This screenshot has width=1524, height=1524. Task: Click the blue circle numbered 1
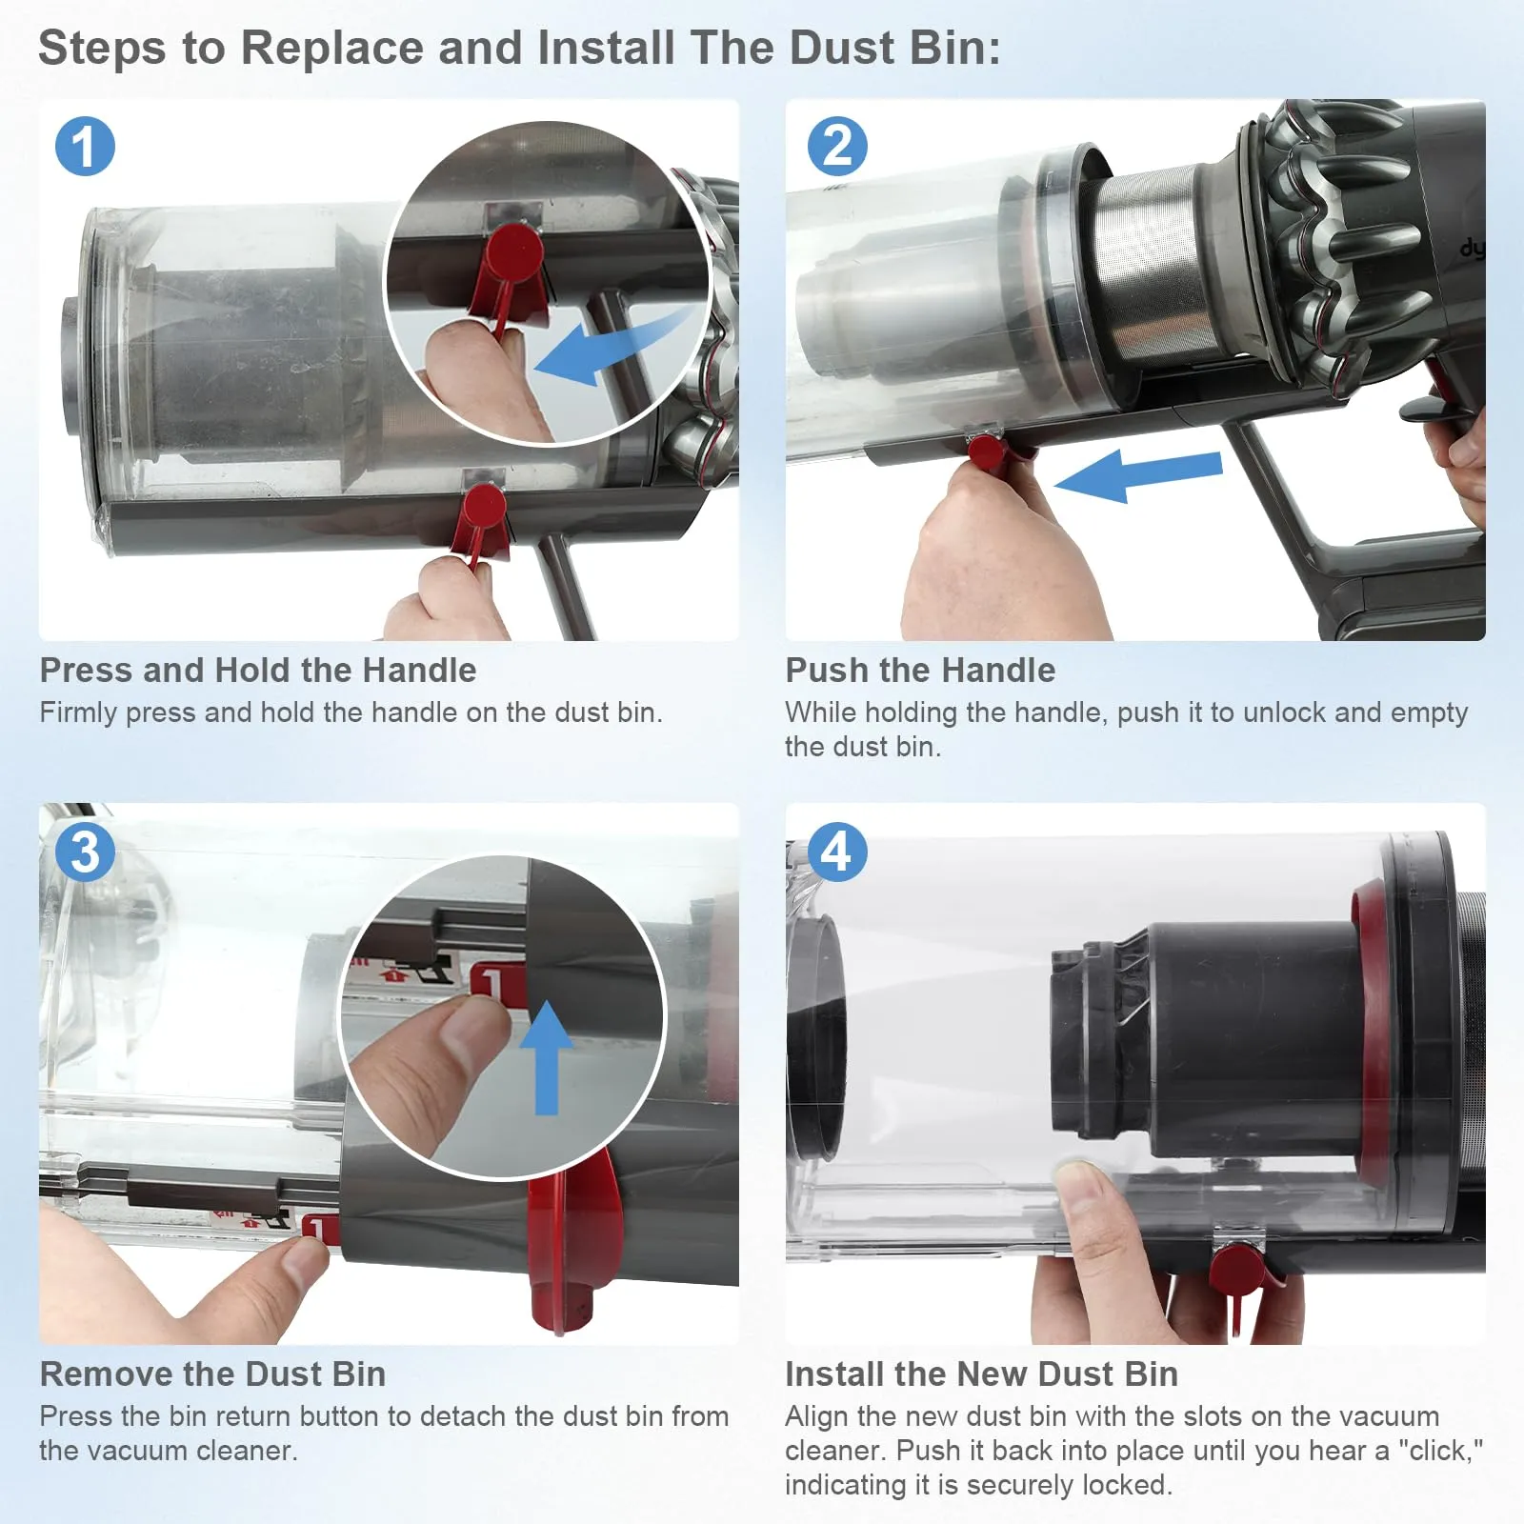click(x=85, y=147)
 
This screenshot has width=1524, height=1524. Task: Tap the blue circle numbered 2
click(x=836, y=147)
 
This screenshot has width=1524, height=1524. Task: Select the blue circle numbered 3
click(x=85, y=852)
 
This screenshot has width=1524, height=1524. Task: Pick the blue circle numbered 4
click(x=836, y=852)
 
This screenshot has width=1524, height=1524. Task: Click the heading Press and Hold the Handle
click(x=257, y=671)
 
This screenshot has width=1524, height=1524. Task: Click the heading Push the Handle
click(x=920, y=671)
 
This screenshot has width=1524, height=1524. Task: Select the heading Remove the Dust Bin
click(x=212, y=1374)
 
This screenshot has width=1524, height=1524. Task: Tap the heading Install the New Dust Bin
click(x=981, y=1374)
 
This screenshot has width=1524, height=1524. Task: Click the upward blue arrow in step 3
click(x=547, y=1057)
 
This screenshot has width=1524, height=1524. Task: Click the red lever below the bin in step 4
click(x=1238, y=1272)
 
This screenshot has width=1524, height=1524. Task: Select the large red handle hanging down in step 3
click(x=571, y=1238)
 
